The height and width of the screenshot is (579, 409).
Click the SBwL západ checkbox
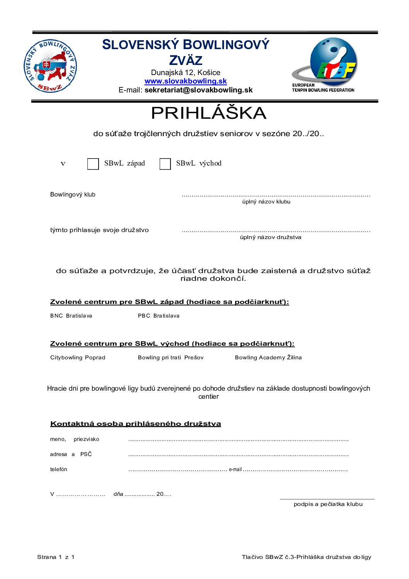pos(93,164)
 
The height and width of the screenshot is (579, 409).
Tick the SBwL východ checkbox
pos(165,164)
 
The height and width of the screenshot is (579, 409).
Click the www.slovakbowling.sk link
pos(186,81)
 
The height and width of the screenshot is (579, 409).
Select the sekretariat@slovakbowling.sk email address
pos(198,90)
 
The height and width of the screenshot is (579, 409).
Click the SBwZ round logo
pos(51,66)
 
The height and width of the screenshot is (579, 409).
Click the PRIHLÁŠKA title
pos(208,113)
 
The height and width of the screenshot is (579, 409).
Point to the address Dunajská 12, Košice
pos(186,72)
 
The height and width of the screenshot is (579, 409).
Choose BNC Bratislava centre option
pos(71,316)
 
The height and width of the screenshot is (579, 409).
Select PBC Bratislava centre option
pos(158,316)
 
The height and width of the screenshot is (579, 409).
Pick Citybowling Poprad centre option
pos(78,357)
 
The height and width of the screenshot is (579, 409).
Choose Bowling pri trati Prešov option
pos(170,357)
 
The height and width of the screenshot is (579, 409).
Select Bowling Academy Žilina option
pos(268,357)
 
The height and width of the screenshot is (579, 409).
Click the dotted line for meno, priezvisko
pos(238,440)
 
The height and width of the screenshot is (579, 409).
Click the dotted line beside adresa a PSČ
pos(238,455)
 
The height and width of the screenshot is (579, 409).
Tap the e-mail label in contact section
pos(235,470)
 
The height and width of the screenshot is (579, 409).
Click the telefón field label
pos(59,469)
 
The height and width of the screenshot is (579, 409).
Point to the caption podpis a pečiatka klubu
pos(328,504)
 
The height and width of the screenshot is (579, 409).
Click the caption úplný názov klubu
pos(266,202)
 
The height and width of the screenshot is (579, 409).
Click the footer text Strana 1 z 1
pos(56,557)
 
